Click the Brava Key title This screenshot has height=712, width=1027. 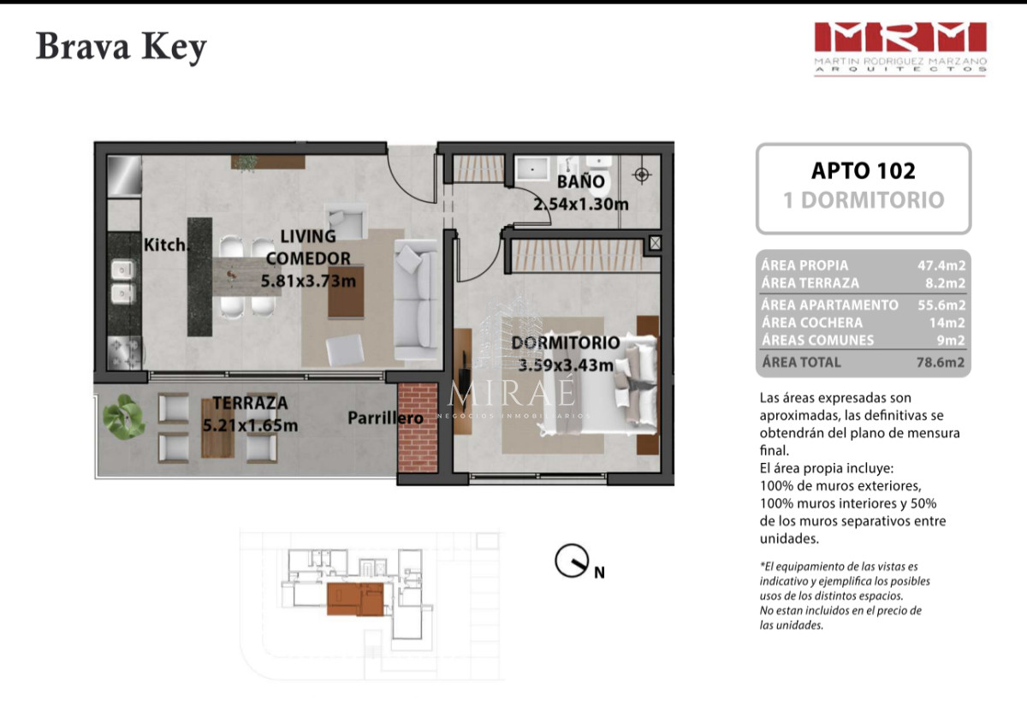[x=121, y=48]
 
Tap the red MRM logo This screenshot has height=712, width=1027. [x=899, y=38]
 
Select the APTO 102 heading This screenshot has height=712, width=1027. [x=863, y=170]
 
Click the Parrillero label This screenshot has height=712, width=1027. [x=385, y=418]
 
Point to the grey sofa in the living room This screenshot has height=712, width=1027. [x=416, y=300]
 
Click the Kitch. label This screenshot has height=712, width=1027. [x=164, y=245]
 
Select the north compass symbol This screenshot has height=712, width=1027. [x=572, y=561]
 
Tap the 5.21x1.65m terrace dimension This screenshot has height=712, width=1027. [x=249, y=424]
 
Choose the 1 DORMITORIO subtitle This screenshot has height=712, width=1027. [x=863, y=200]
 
